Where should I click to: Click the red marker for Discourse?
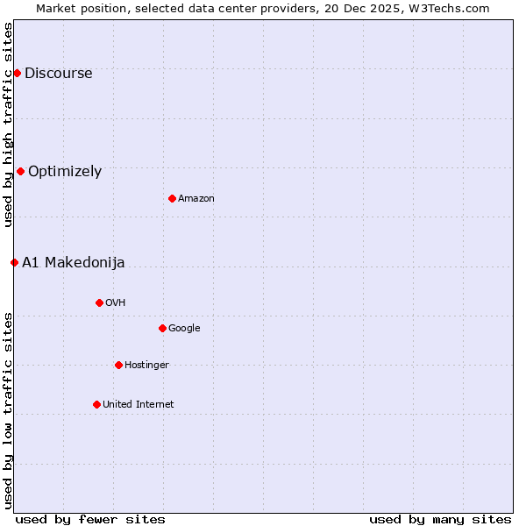tap(17, 73)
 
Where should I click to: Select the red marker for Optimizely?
tap(20, 171)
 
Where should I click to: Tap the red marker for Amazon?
tap(172, 198)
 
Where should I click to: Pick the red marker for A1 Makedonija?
tap(14, 262)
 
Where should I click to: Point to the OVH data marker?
tap(99, 302)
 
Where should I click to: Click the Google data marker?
tap(162, 328)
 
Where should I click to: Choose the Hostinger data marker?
tap(118, 365)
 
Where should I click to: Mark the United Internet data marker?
tap(96, 404)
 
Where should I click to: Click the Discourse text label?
tap(58, 74)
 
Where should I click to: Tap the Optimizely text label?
tap(65, 172)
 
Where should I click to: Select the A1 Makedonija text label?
tap(74, 263)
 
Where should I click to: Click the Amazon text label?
tap(196, 199)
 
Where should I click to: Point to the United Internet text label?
tap(139, 405)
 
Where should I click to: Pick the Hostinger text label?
tap(146, 366)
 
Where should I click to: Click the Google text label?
tap(184, 329)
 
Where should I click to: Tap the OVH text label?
tap(116, 303)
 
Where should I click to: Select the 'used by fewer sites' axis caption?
tap(90, 519)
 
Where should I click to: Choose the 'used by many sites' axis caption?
tap(440, 519)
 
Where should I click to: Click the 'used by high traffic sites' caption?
tap(8, 124)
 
